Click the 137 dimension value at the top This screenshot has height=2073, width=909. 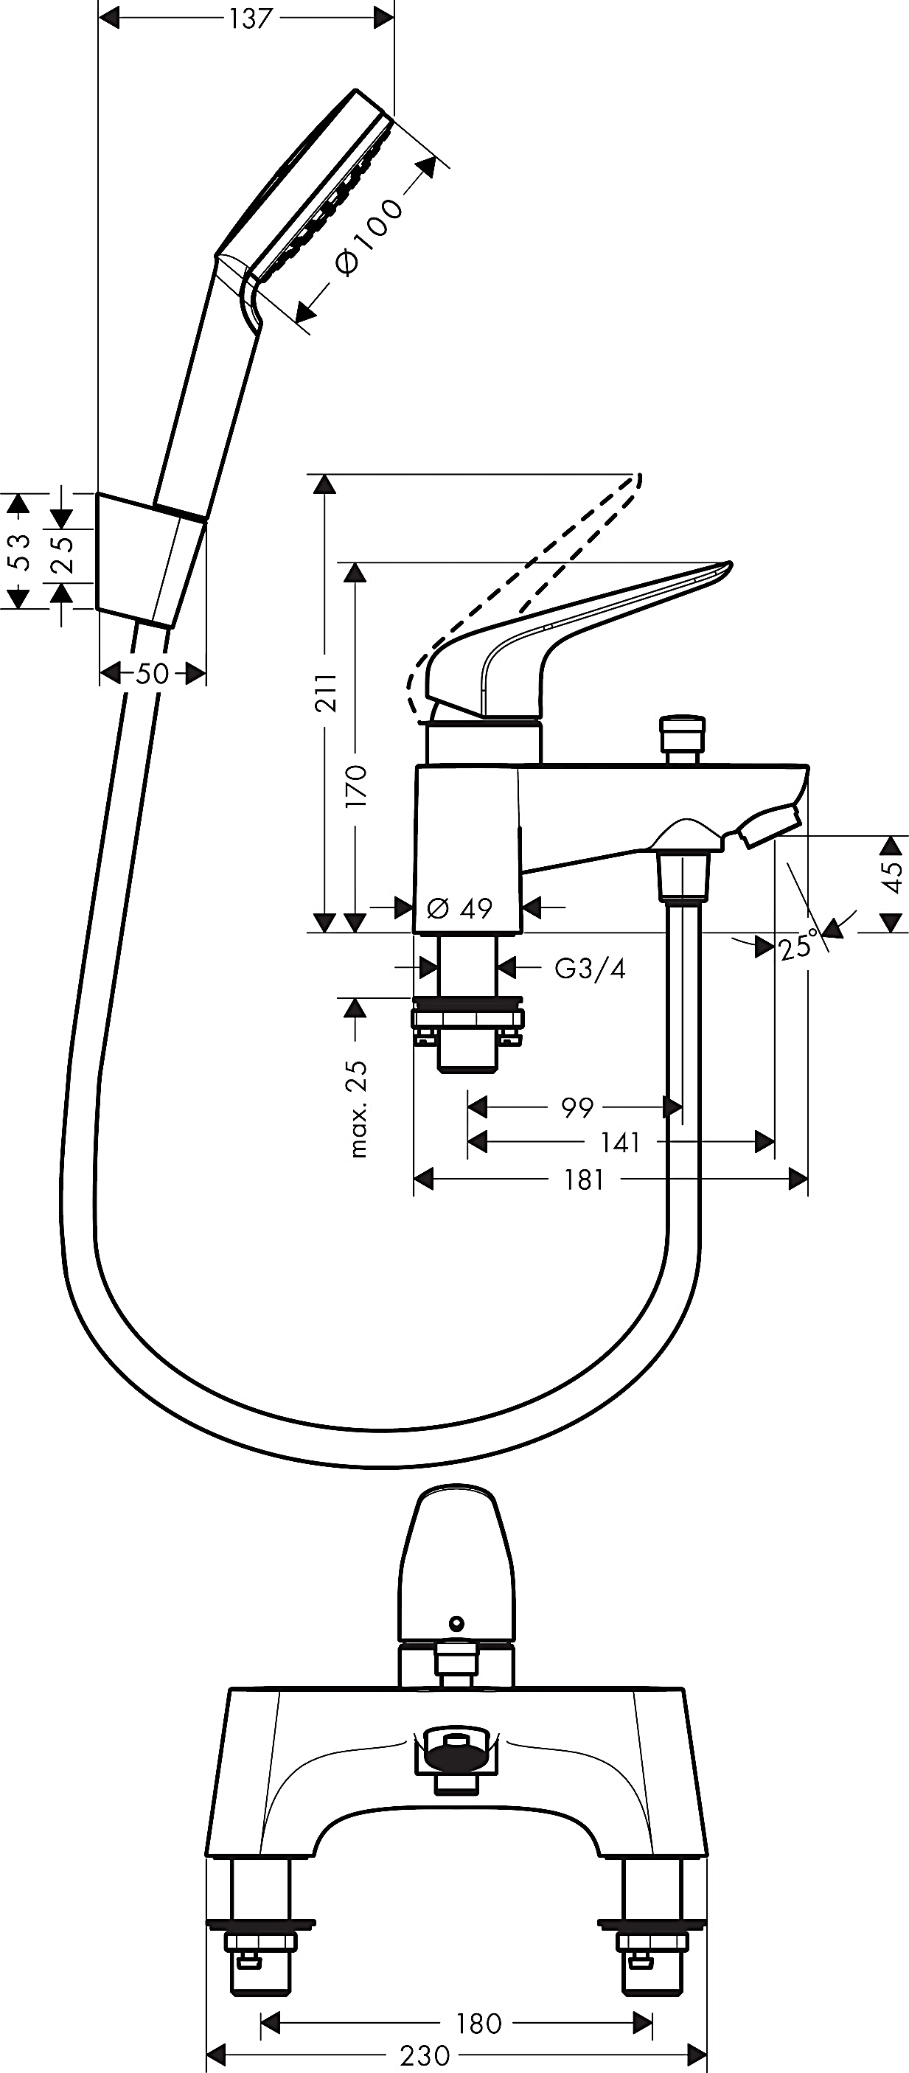pos(250,18)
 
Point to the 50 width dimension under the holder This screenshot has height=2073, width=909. pos(152,673)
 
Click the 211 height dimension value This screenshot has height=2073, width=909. pos(326,692)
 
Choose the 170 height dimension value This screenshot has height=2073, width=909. pos(355,787)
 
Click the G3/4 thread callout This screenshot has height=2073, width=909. pos(590,968)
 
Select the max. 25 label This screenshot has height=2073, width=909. pos(357,1108)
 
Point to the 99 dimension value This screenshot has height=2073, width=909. pos(577,1107)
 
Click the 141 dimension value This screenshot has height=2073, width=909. pos(620,1142)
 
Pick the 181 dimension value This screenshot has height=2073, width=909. pos(584,1180)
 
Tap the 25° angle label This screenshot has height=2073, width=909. pos(797,947)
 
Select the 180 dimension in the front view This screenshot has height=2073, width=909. pos(478,2022)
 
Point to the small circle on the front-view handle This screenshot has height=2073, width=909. pos(457,1622)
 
